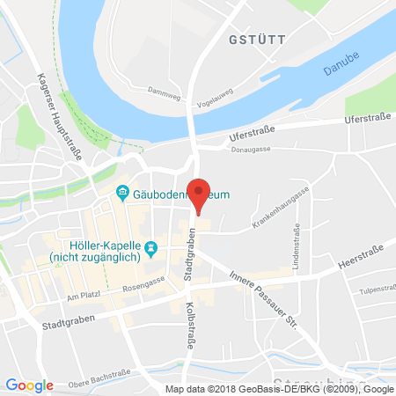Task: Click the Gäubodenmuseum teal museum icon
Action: point(124,194)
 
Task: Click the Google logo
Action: point(29,385)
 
